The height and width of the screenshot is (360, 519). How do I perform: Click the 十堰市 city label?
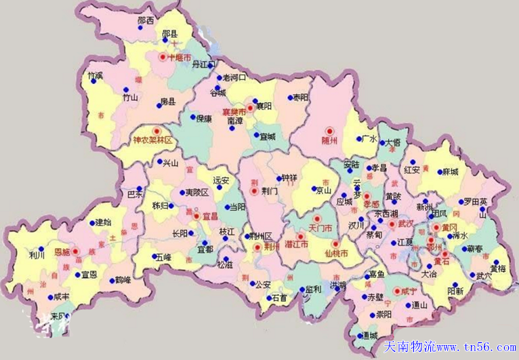178,58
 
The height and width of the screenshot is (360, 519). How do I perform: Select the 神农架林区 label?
153,141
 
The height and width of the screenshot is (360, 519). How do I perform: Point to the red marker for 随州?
330,131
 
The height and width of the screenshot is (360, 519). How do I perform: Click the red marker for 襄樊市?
249,107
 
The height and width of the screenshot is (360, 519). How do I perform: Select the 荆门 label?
269,191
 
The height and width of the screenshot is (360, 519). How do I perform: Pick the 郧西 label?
145,21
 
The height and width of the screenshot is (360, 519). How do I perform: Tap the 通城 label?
369,336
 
